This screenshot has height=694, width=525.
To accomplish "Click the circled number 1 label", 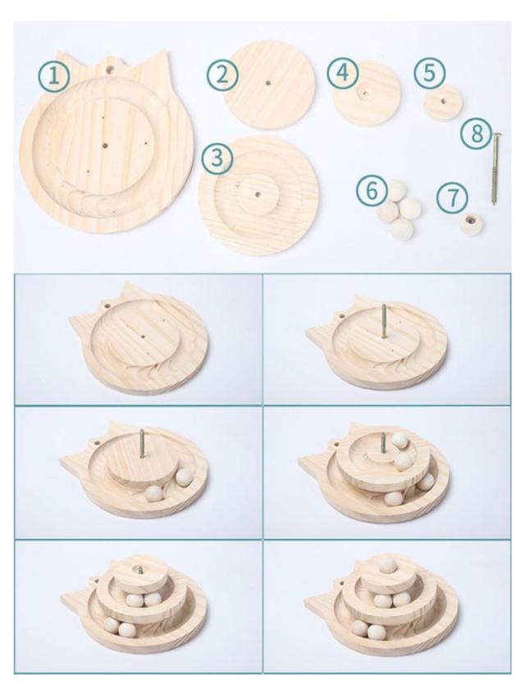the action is pos(53,76).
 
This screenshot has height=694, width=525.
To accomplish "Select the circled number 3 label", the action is pos(217,158).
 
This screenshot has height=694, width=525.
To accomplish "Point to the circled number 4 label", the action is pos(343,73).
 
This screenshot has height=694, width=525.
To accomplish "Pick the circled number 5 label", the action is pos(429,72).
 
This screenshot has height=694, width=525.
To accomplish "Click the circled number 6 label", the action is pos(372,191).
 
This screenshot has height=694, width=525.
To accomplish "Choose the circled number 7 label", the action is pos(452,198).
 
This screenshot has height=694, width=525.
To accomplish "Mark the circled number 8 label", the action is pos(477,133).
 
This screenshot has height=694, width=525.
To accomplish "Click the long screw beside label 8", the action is pos(495,169).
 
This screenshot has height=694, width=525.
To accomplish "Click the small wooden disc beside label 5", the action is pos(443,102).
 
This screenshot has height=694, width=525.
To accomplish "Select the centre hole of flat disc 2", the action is pos(267,83).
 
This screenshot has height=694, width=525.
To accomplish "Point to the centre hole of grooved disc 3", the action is pos(258,194).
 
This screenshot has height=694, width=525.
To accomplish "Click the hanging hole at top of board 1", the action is pos(109,69).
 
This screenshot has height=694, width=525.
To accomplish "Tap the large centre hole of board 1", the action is pos(105,144).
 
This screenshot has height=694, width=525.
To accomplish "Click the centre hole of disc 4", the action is pos(366,94).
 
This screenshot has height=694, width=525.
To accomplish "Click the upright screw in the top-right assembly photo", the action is pos(384,321).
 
